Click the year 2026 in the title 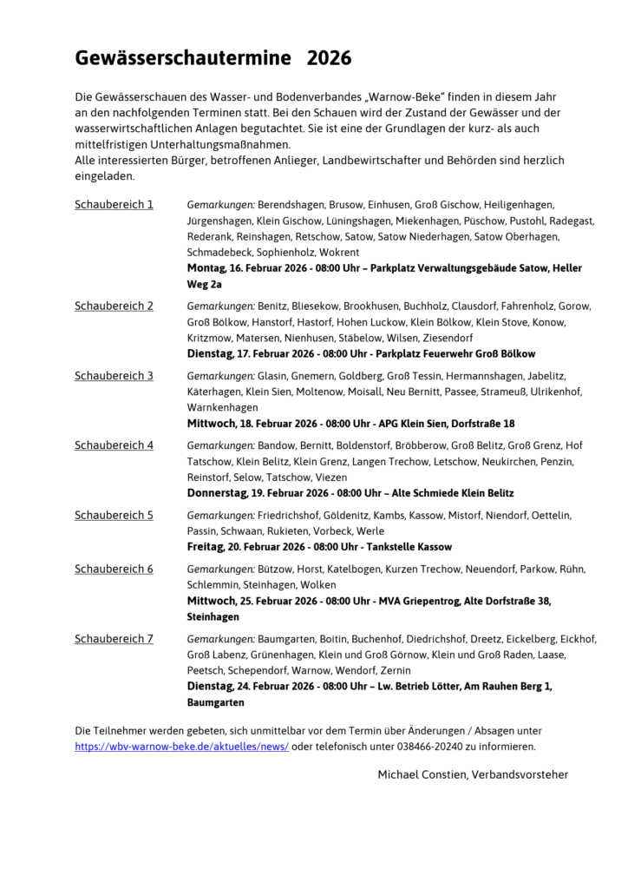pyautogui.click(x=329, y=59)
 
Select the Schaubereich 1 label pyautogui.click(x=114, y=205)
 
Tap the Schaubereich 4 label pyautogui.click(x=114, y=445)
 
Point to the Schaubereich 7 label pyautogui.click(x=114, y=639)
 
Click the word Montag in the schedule pyautogui.click(x=207, y=268)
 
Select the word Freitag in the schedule pyautogui.click(x=206, y=547)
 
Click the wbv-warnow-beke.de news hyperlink pyautogui.click(x=182, y=746)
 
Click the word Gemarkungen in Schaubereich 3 pyautogui.click(x=220, y=376)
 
